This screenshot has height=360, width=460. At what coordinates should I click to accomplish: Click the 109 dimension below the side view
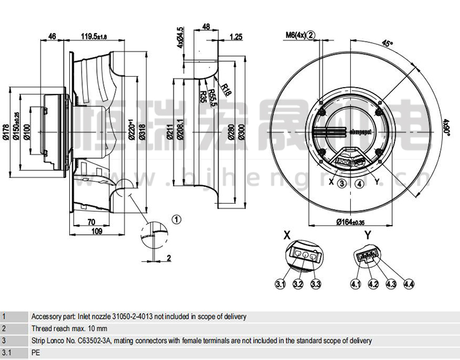coord(96,231)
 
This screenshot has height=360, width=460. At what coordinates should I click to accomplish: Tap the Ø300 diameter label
coord(243,131)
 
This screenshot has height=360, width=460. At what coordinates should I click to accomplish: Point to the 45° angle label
coord(386,44)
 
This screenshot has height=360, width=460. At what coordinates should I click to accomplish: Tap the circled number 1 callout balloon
coord(177,219)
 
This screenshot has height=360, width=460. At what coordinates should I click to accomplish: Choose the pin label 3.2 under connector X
coord(298,283)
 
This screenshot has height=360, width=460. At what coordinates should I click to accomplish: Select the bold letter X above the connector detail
coord(286,235)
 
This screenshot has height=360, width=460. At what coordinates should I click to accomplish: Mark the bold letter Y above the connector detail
coord(367,235)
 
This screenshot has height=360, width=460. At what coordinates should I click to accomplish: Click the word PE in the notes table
coord(36,353)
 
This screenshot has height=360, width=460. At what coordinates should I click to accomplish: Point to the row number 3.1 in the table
coord(6,353)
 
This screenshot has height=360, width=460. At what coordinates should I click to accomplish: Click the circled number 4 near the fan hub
coord(359,183)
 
